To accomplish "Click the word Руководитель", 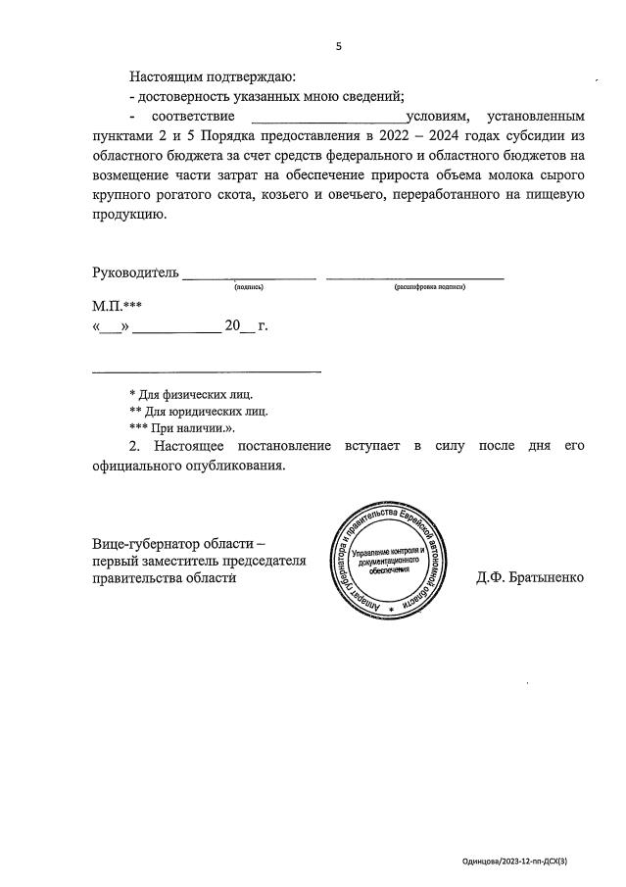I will click(x=135, y=272).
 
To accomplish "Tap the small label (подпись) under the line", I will click(x=249, y=288).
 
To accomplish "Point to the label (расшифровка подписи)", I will click(x=430, y=288).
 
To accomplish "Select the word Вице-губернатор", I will click(x=147, y=543).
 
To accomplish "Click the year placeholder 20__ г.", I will click(x=246, y=326).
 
